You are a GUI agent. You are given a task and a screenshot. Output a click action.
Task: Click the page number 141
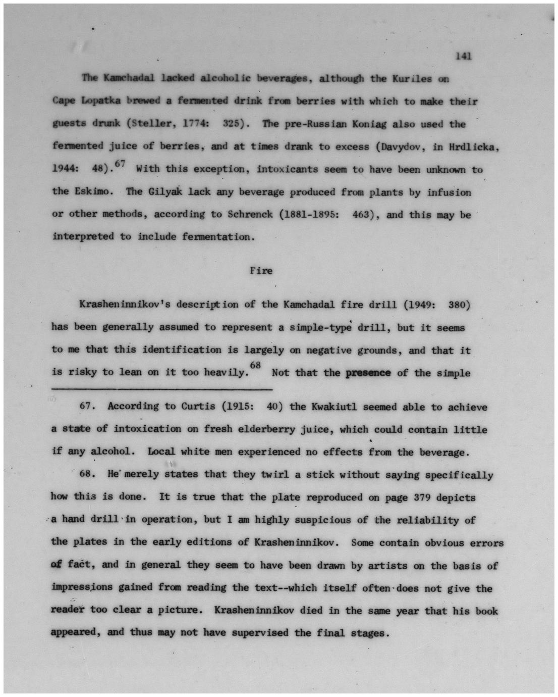pyautogui.click(x=463, y=56)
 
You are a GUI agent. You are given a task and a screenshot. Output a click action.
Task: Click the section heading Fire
pyautogui.click(x=261, y=270)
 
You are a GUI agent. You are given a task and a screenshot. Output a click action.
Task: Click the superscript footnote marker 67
pyautogui.click(x=120, y=163)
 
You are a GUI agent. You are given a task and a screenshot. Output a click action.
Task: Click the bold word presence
pyautogui.click(x=368, y=373)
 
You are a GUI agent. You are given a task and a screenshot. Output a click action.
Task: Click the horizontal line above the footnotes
pyautogui.click(x=161, y=389)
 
